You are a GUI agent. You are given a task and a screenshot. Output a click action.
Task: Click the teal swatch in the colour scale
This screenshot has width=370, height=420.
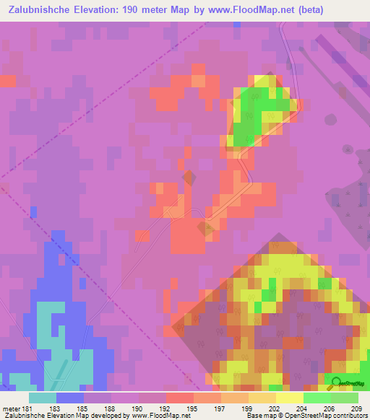43,398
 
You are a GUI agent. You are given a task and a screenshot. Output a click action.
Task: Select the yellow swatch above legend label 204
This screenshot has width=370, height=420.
290,398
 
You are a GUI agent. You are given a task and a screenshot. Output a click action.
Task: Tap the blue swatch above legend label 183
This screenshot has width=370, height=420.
70,398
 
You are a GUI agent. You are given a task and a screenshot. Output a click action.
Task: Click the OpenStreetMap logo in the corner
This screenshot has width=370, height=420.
345,382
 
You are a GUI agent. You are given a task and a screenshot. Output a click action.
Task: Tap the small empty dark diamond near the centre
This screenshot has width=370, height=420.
189,176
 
